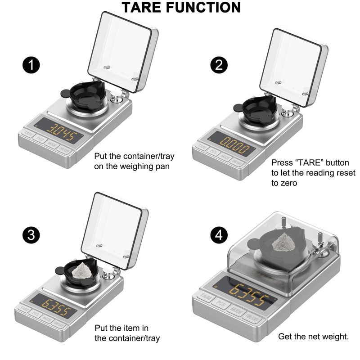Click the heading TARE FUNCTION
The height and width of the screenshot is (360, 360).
point(181,7)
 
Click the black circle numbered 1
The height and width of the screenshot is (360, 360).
point(31,65)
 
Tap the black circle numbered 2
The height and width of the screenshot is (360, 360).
point(219,65)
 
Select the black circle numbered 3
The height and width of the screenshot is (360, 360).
point(31,235)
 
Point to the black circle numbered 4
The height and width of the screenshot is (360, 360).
point(219,235)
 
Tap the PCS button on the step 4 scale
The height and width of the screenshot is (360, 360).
point(220,303)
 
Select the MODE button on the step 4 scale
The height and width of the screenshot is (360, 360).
point(236,311)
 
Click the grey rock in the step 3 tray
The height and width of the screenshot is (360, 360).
point(82,271)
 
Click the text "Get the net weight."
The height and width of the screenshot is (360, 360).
point(313,336)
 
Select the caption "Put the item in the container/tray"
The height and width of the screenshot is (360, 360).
point(127,333)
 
